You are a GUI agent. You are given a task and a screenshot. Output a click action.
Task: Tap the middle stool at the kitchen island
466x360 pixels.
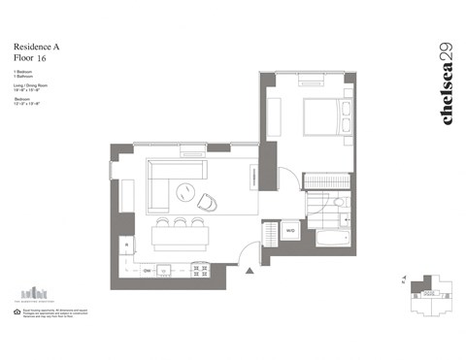point(180,224)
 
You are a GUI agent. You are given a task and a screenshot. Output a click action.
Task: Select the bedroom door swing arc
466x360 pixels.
point(288,178)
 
